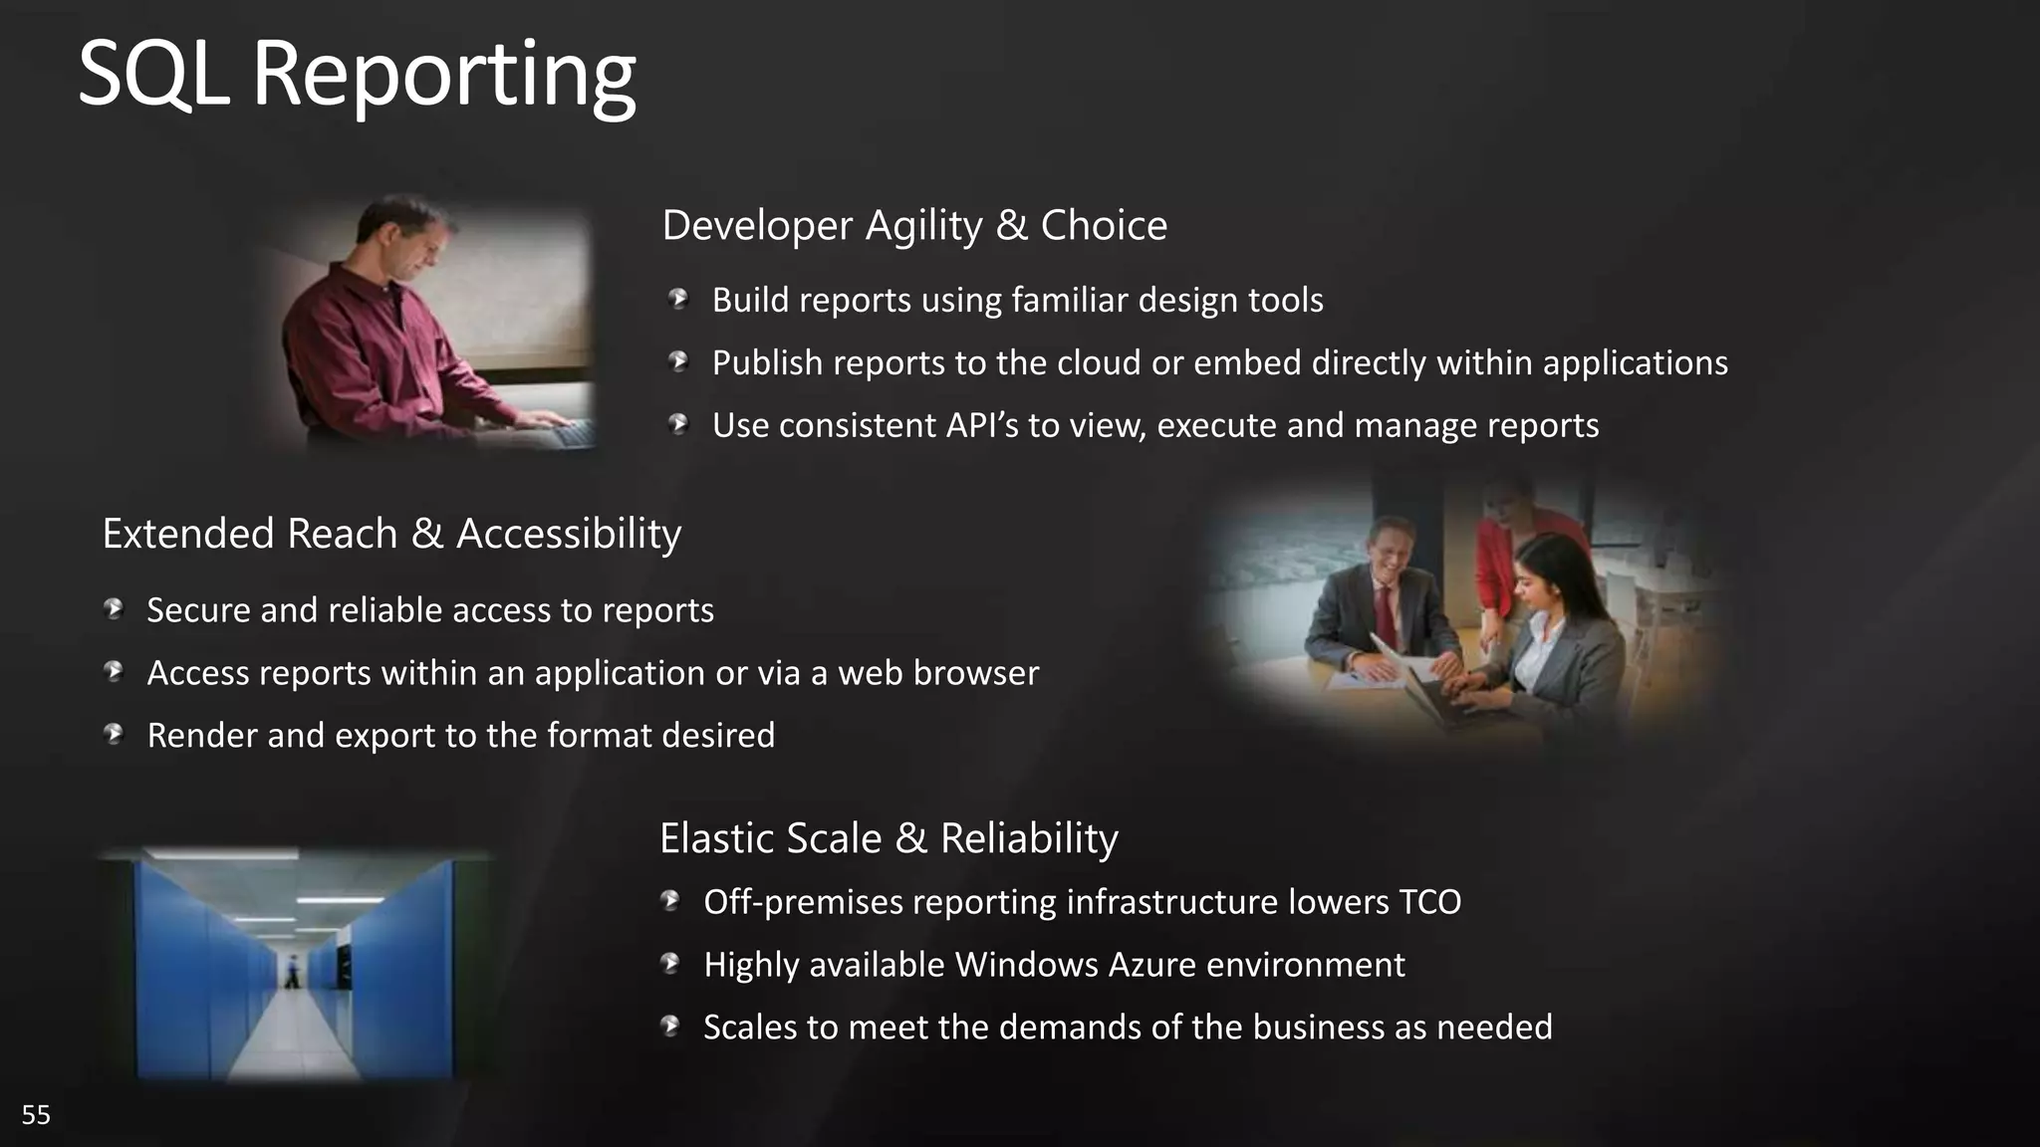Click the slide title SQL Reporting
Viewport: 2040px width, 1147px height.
click(356, 76)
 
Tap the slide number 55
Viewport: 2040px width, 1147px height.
click(36, 1115)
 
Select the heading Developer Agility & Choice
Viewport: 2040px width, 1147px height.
click(913, 226)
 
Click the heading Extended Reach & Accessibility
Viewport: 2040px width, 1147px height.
click(391, 535)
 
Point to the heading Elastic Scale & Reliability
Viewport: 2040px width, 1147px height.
click(889, 838)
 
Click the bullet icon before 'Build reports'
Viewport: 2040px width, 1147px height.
click(679, 299)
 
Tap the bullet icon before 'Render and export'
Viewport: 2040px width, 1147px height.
click(114, 735)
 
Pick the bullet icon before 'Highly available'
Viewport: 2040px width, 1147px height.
click(670, 964)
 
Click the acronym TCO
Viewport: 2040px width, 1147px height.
click(1429, 902)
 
